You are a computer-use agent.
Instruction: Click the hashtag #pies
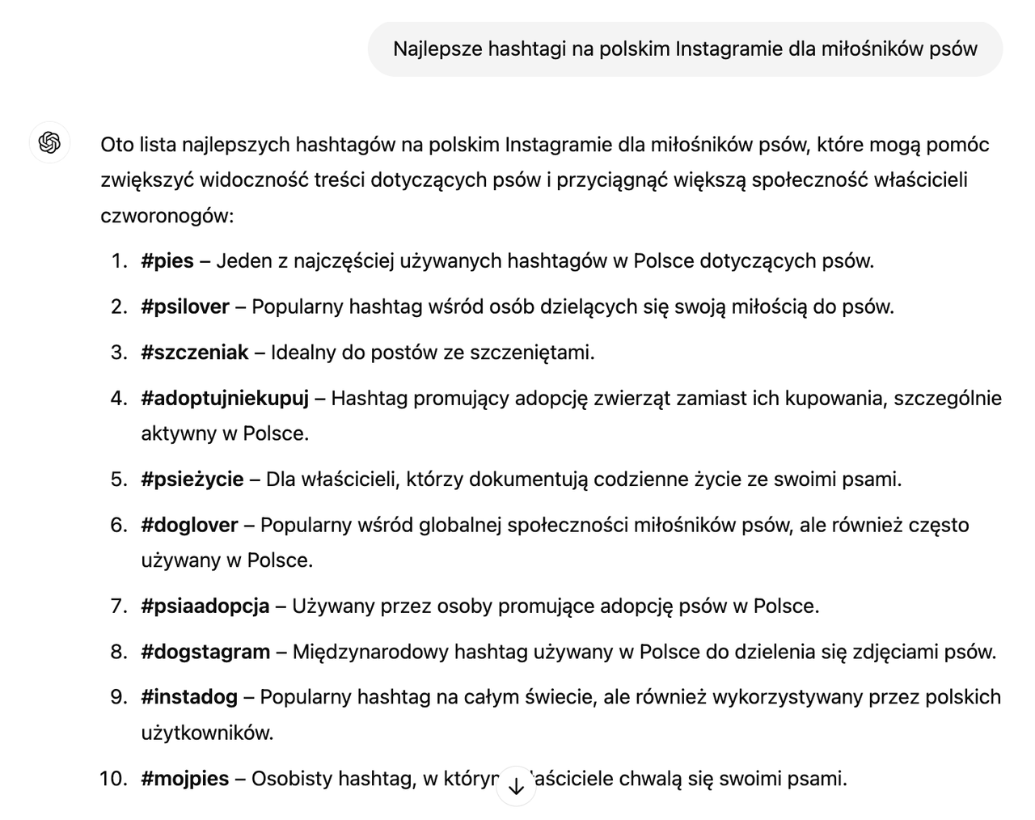pyautogui.click(x=167, y=261)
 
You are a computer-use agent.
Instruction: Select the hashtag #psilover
pyautogui.click(x=185, y=307)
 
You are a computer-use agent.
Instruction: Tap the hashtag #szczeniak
pyautogui.click(x=194, y=353)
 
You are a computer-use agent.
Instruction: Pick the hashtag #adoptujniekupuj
pyautogui.click(x=225, y=399)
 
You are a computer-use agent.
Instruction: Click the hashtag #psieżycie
pyautogui.click(x=192, y=480)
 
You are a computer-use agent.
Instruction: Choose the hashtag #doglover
pyautogui.click(x=189, y=526)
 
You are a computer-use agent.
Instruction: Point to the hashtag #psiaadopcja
pyautogui.click(x=205, y=607)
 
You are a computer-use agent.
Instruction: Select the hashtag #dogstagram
pyautogui.click(x=205, y=652)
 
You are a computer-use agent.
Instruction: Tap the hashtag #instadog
pyautogui.click(x=189, y=697)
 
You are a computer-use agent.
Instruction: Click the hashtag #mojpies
pyautogui.click(x=184, y=779)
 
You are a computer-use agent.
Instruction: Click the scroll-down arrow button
pyautogui.click(x=516, y=786)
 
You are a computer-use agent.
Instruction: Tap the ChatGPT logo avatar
pyautogui.click(x=49, y=143)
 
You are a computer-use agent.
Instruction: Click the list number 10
pyautogui.click(x=112, y=779)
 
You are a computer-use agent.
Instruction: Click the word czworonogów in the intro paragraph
pyautogui.click(x=166, y=216)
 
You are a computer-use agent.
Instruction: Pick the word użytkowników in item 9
pyautogui.click(x=206, y=733)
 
